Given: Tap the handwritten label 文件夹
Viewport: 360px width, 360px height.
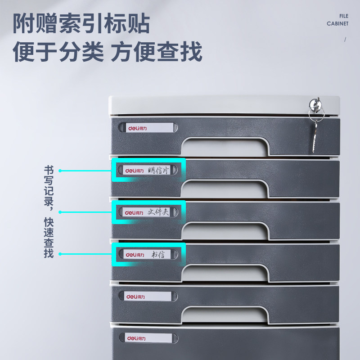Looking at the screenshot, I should click(x=158, y=212).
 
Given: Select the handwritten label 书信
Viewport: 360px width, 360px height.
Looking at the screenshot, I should click(x=158, y=254).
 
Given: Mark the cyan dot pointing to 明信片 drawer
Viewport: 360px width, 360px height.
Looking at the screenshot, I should click(x=60, y=171).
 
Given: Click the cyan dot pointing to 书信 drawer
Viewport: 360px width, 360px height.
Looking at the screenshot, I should click(x=60, y=254).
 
